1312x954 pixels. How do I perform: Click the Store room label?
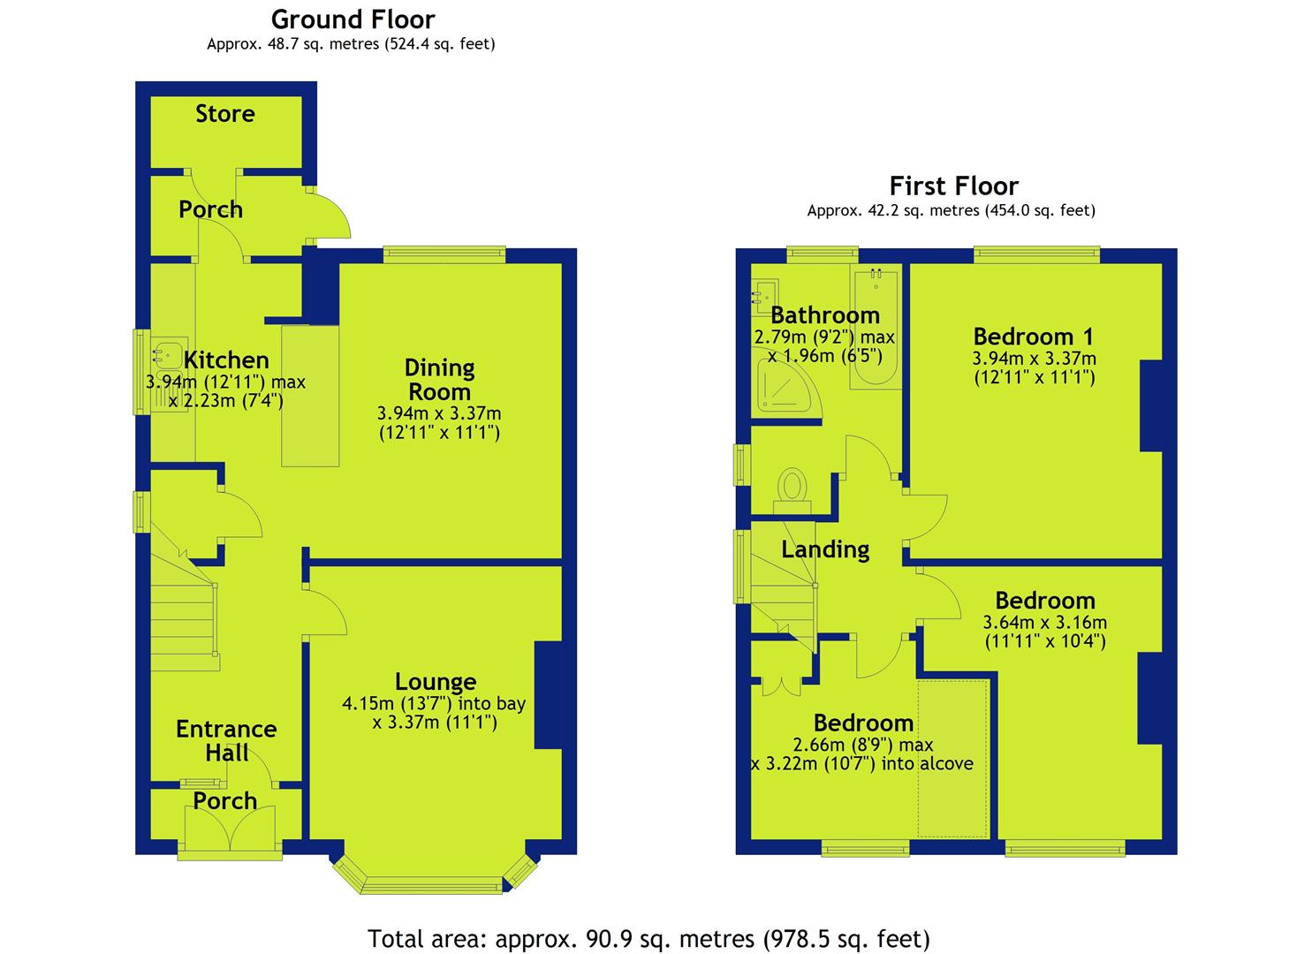pyautogui.click(x=225, y=114)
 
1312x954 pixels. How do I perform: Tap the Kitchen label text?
pyautogui.click(x=226, y=360)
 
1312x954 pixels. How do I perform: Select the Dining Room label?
pyautogui.click(x=439, y=380)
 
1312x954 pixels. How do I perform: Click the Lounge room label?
pyautogui.click(x=436, y=682)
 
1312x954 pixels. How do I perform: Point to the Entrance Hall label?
pyautogui.click(x=226, y=741)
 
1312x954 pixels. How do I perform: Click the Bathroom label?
pyautogui.click(x=824, y=315)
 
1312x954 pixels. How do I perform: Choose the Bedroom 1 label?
pyautogui.click(x=1033, y=337)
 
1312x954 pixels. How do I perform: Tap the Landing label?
pyautogui.click(x=824, y=549)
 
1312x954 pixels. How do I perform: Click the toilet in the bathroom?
pyautogui.click(x=793, y=491)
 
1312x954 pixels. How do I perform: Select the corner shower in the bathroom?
pyautogui.click(x=784, y=383)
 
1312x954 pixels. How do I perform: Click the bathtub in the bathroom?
pyautogui.click(x=876, y=326)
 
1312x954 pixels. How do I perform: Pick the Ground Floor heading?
pyautogui.click(x=353, y=20)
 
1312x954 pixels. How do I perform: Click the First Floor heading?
pyautogui.click(x=953, y=186)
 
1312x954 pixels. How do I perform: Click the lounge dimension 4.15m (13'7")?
pyautogui.click(x=397, y=703)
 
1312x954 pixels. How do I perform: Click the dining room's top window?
pyautogui.click(x=444, y=254)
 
